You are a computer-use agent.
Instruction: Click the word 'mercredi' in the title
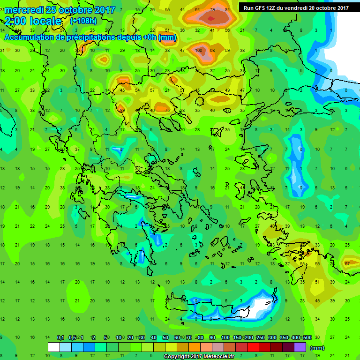pos(24,9)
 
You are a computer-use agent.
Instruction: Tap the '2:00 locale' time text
pos(33,21)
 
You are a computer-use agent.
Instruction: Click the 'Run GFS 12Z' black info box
pos(296,7)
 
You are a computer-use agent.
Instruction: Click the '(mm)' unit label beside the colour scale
pos(317,347)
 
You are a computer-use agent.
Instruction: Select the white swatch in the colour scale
pos(54,347)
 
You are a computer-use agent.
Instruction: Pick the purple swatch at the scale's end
pos(300,347)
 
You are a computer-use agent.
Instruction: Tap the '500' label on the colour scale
pos(307,338)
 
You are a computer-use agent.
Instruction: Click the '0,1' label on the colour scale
pos(60,338)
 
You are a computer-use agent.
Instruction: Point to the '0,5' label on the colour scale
pos(72,338)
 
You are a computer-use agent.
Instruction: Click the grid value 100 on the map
pos(199,50)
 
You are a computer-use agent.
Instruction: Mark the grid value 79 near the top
pos(213,10)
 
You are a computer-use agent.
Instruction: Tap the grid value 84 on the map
pos(228,10)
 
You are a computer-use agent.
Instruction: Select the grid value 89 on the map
pos(122,111)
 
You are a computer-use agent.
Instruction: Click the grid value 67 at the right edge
pos(347,263)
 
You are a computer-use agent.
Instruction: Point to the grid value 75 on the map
pos(167,111)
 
